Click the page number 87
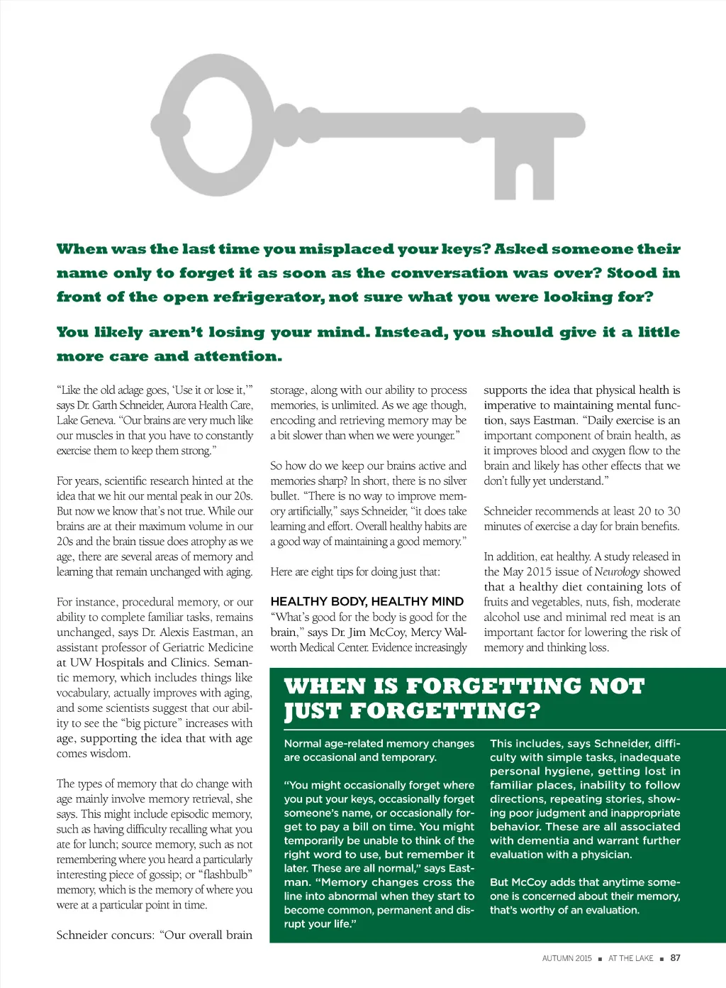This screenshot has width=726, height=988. (676, 958)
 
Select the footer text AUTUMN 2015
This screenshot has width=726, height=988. (566, 959)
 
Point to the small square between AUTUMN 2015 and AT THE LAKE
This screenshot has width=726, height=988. (600, 959)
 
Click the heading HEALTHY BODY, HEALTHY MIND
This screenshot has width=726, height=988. (367, 601)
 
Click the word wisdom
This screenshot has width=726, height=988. (111, 754)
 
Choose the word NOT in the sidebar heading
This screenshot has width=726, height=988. (616, 686)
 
